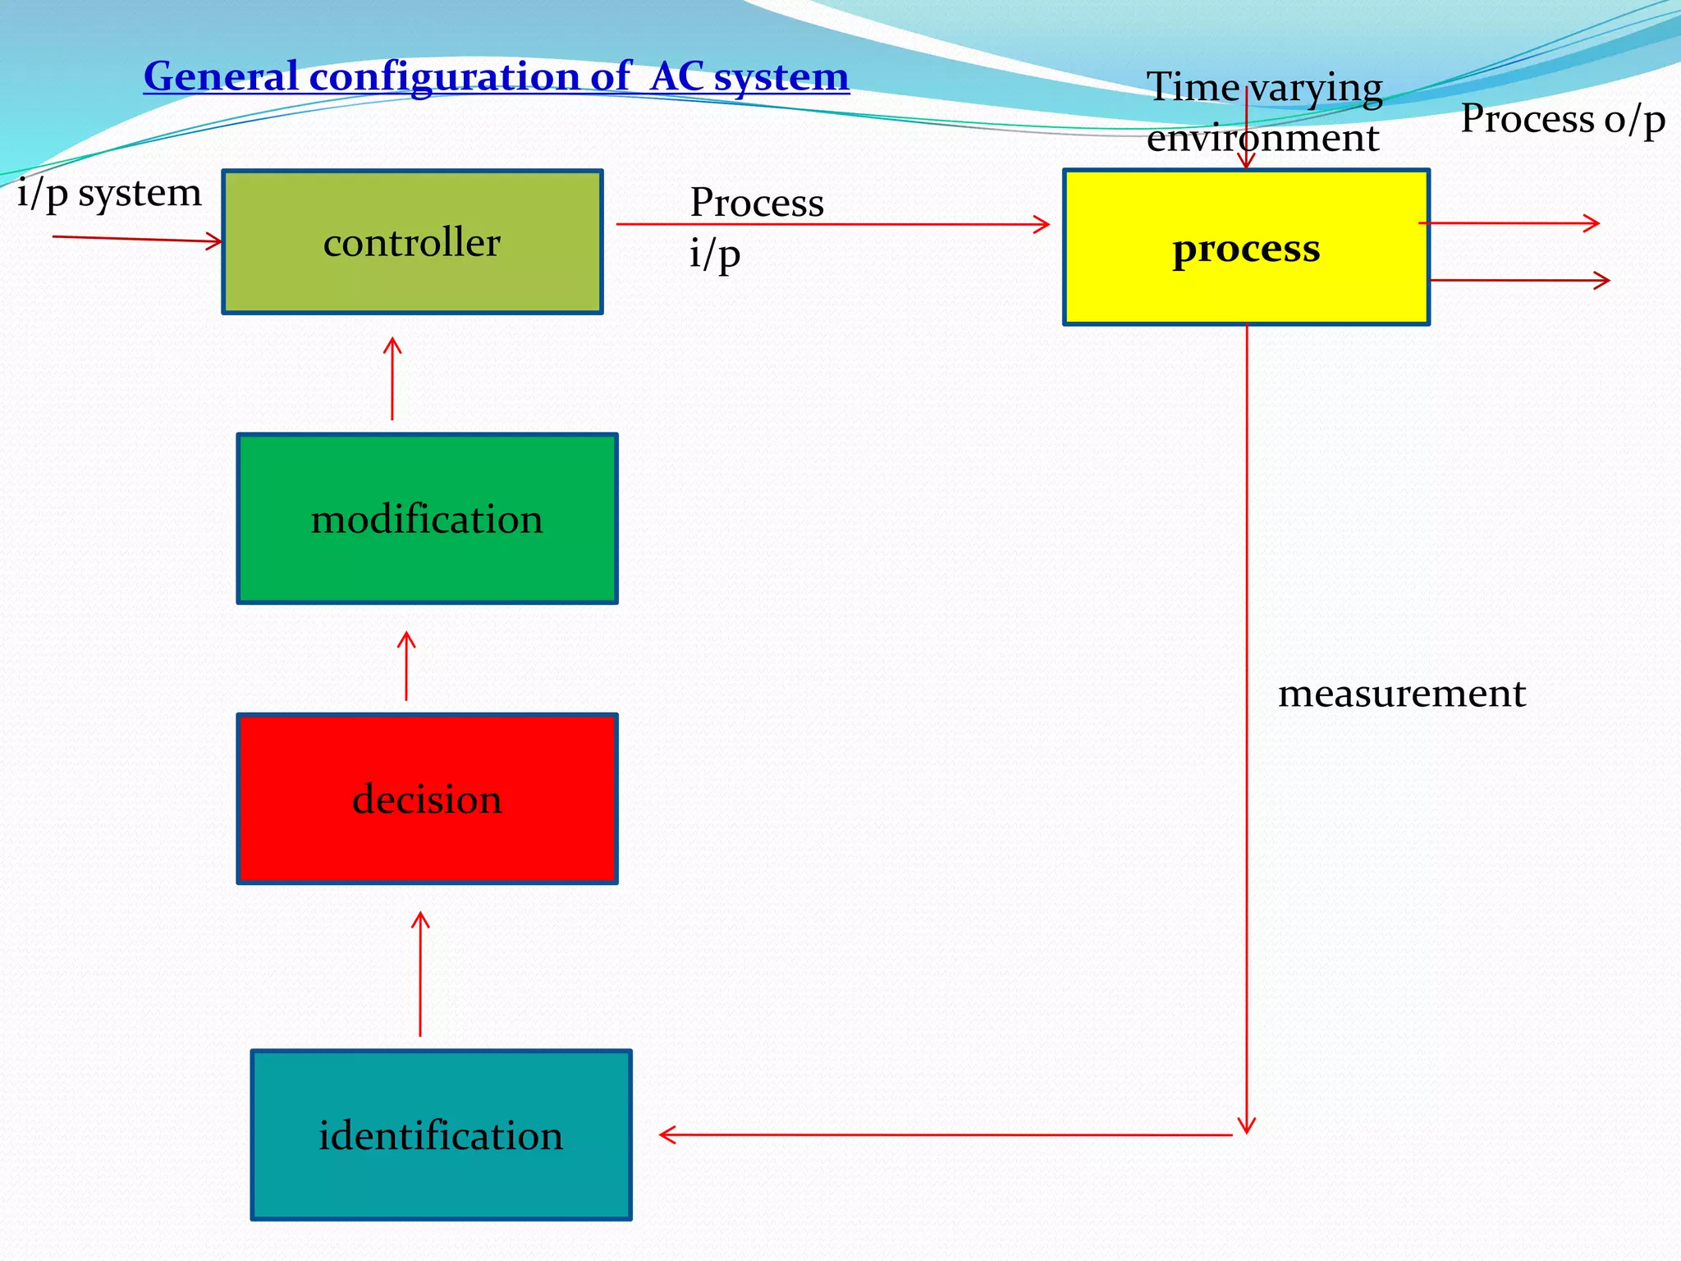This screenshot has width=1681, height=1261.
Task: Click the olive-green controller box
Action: tap(412, 242)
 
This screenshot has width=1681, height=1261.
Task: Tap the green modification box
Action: tap(427, 519)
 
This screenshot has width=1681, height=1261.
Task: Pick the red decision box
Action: tap(427, 799)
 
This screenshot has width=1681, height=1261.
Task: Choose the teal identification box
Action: tap(441, 1135)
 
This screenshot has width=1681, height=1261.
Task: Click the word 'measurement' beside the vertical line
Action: tap(1401, 694)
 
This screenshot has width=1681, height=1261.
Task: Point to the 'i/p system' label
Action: tap(109, 194)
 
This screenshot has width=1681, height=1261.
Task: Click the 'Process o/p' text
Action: tap(1562, 120)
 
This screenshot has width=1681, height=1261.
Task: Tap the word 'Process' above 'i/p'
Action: tap(756, 203)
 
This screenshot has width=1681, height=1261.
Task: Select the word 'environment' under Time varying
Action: tap(1262, 138)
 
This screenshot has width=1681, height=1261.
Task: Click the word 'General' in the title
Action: tap(221, 77)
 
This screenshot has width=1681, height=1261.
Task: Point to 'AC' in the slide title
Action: tap(677, 77)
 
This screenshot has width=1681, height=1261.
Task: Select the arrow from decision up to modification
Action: tap(406, 667)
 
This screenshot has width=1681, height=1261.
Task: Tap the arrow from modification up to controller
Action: tap(392, 379)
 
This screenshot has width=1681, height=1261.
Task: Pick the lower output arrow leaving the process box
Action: tap(1518, 281)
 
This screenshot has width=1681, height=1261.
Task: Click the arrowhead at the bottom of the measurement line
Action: tap(1246, 1126)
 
